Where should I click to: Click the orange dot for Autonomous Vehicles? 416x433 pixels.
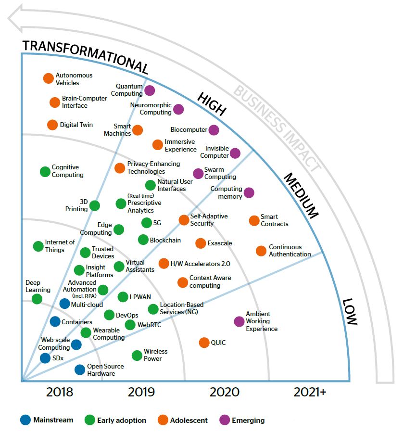pos(48,78)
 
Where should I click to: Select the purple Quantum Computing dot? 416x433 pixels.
pos(150,90)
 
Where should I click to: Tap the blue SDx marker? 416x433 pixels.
pos(45,358)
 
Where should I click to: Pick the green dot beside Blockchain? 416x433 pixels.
pos(143,240)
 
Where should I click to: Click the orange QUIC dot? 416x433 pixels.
pos(204,343)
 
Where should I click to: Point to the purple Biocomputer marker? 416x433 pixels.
pos(214,130)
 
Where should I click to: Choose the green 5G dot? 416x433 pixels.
pos(147,223)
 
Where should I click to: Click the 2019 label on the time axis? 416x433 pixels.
pos(141,392)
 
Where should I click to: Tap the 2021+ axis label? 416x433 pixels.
pos(310,392)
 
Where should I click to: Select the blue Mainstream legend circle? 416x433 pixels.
pos(25,420)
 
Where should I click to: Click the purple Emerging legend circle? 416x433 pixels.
pos(225,420)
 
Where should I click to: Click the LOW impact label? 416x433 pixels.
pos(350,312)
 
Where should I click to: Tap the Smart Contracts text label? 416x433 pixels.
pos(275,220)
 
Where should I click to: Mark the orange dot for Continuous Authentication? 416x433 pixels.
pos(261,251)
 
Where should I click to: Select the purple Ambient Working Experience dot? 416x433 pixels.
pos(239,321)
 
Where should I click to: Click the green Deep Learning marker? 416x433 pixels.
pos(37,299)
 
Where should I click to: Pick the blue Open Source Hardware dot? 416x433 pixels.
pos(80,369)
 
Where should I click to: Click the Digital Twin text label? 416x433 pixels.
pos(76,125)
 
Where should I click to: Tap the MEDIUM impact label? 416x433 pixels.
pos(301,195)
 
